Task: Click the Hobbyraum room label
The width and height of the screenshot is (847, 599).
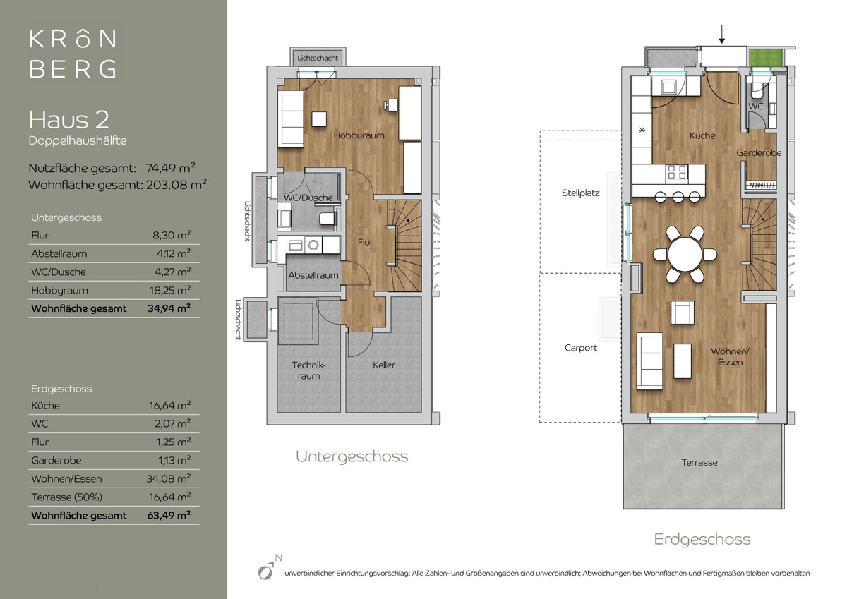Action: pyautogui.click(x=359, y=135)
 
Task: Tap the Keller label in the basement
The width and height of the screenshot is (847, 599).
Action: pyautogui.click(x=383, y=365)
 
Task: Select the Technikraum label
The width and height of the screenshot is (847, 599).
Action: pyautogui.click(x=308, y=370)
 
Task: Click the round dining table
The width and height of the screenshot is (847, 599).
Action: pyautogui.click(x=685, y=255)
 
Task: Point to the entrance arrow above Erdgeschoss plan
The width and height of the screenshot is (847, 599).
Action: pyautogui.click(x=722, y=35)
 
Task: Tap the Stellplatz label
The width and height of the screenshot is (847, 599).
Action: pyautogui.click(x=580, y=193)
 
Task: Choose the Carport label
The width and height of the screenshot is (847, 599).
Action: pyautogui.click(x=580, y=348)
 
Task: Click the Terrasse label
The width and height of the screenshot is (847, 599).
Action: pyautogui.click(x=699, y=462)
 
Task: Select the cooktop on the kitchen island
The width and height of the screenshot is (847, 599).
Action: pyautogui.click(x=677, y=172)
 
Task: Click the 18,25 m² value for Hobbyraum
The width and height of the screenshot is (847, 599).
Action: pyautogui.click(x=169, y=290)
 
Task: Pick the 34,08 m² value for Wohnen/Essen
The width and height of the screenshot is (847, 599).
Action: pyautogui.click(x=168, y=478)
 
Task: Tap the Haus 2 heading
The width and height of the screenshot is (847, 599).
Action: pyautogui.click(x=69, y=119)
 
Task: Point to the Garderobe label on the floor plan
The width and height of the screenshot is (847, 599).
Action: pyautogui.click(x=759, y=152)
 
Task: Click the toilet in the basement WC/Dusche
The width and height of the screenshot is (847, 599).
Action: pyautogui.click(x=328, y=219)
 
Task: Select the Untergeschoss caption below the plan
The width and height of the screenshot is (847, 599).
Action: pyautogui.click(x=352, y=456)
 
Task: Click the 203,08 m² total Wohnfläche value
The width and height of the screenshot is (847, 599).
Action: pyautogui.click(x=176, y=184)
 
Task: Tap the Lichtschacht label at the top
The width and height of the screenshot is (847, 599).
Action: pyautogui.click(x=317, y=58)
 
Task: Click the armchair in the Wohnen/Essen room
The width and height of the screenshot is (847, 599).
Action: pyautogui.click(x=682, y=312)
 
